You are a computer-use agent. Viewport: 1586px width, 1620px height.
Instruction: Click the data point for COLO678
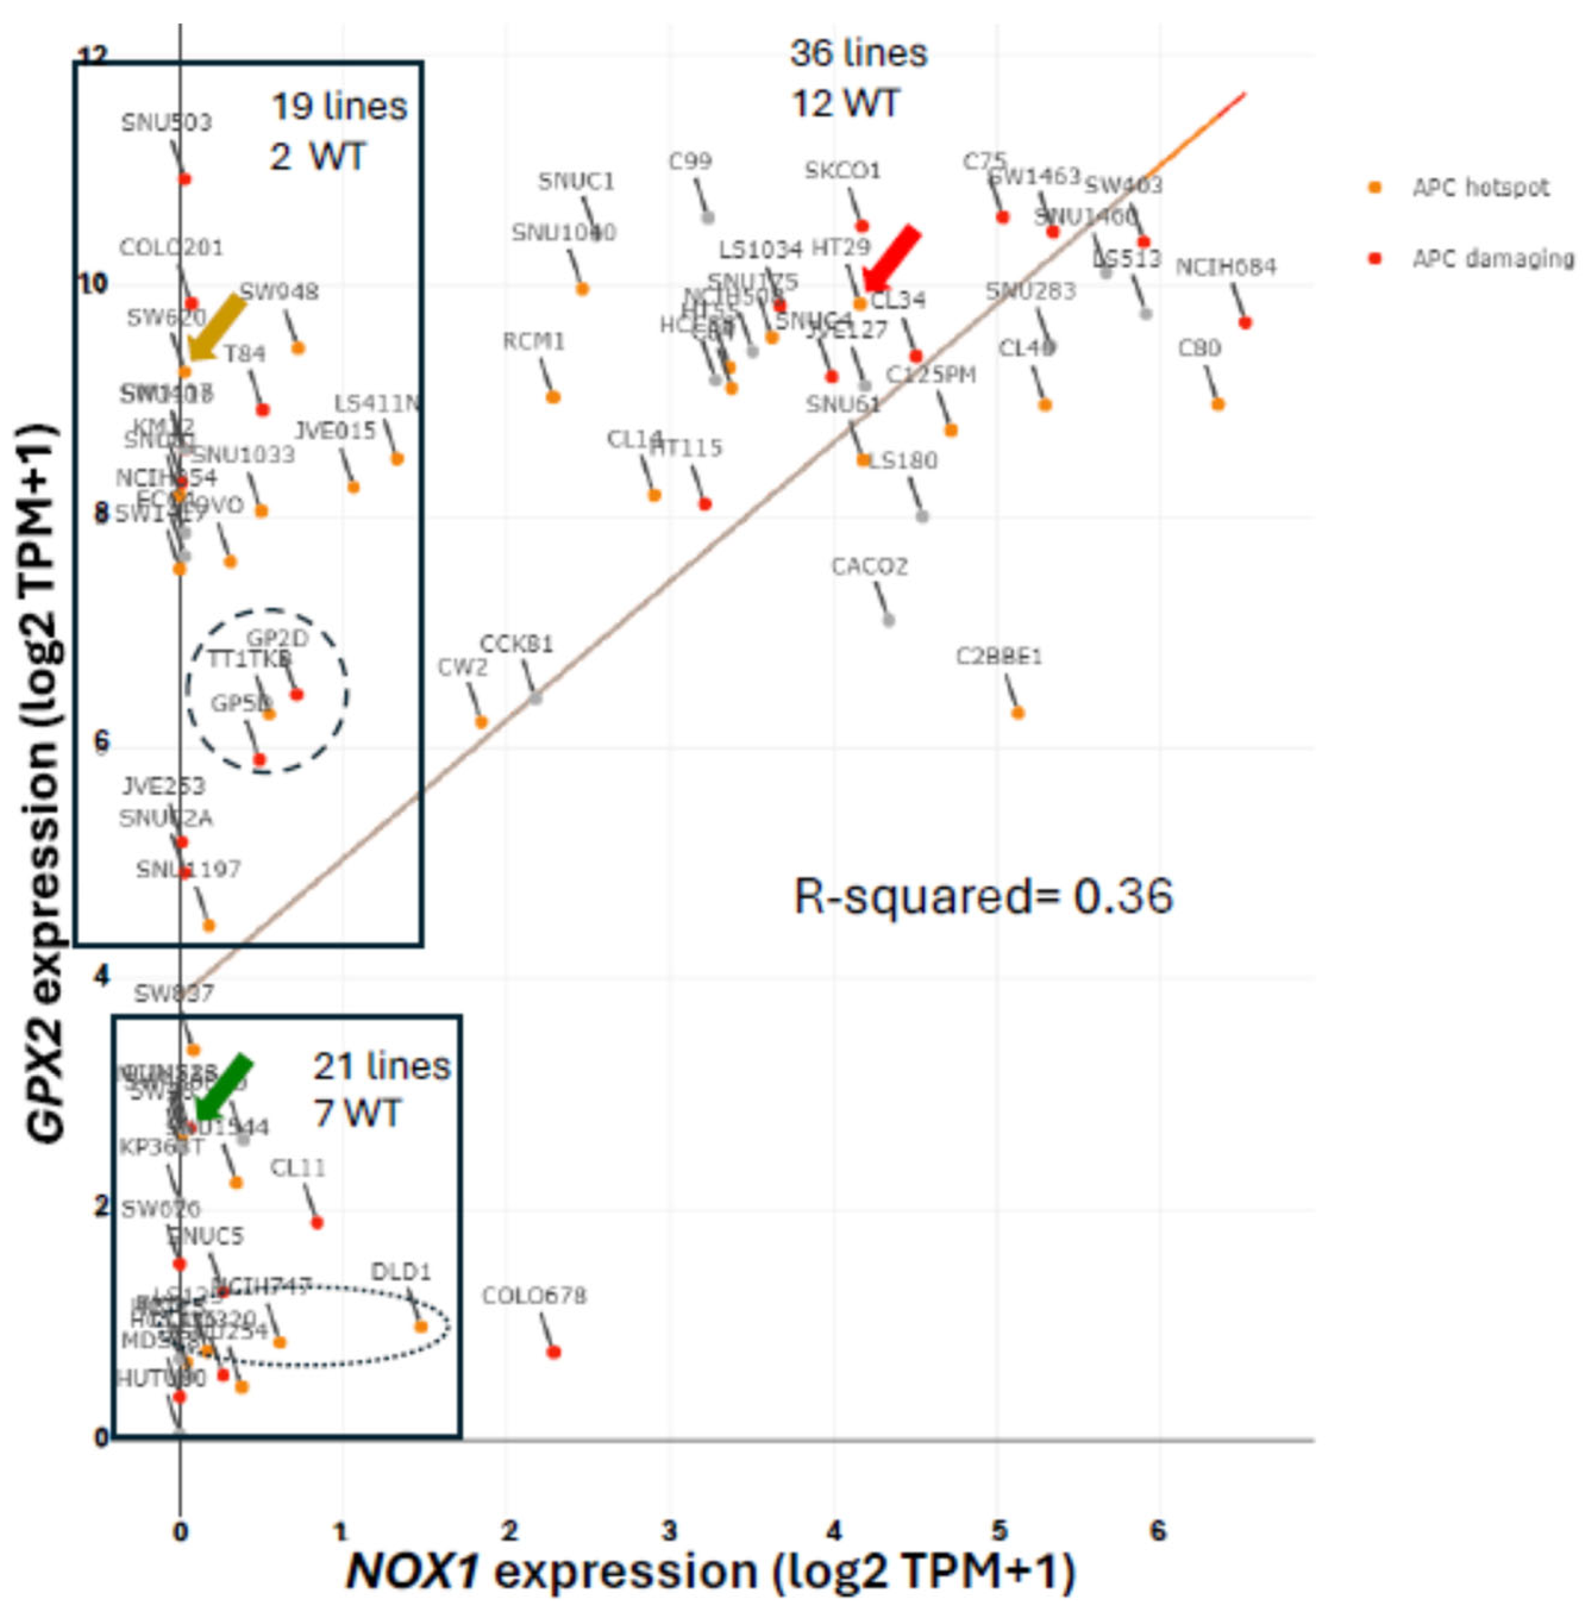554,1352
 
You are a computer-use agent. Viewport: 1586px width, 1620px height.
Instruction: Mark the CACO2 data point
888,620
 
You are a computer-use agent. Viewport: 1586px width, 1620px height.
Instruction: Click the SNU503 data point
185,179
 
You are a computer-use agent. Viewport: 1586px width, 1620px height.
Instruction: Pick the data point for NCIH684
1245,323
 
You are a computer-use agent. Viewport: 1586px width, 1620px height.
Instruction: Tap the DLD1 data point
421,1327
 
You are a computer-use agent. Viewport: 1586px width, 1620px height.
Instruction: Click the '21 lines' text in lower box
381,1067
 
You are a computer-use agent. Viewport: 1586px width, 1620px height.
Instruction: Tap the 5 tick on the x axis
999,1530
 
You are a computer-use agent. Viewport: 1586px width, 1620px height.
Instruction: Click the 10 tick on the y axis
92,284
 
